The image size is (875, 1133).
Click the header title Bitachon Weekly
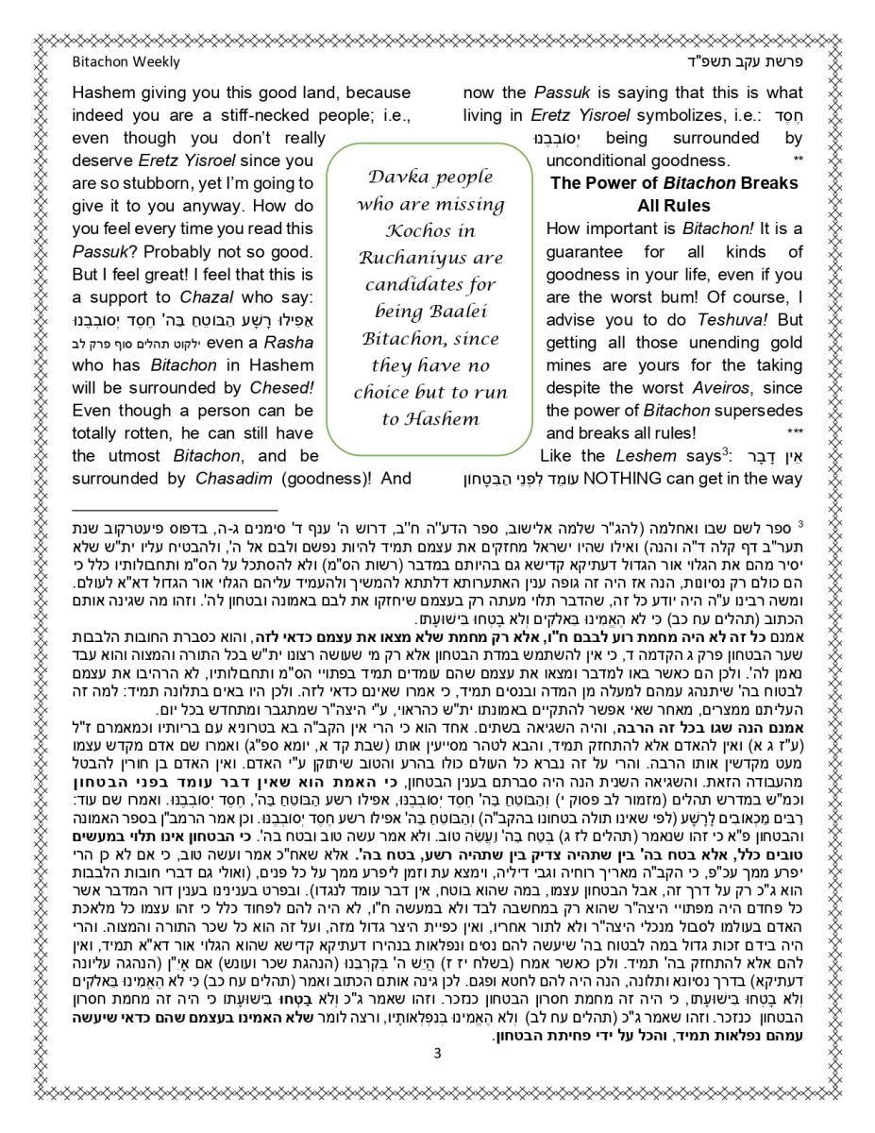(x=126, y=62)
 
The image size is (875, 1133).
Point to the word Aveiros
(x=718, y=388)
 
